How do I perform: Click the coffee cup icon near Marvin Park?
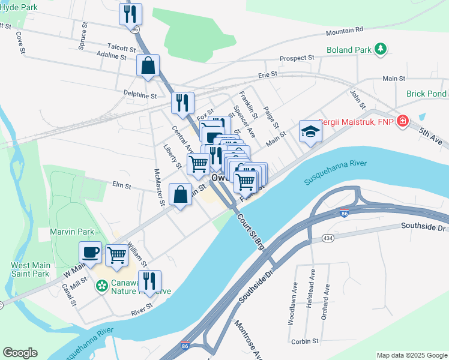tap(91, 253)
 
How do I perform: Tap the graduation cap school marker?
tap(310, 131)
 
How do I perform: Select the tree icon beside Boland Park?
tap(379, 49)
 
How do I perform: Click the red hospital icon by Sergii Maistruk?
tap(401, 121)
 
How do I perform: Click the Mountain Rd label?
tap(345, 29)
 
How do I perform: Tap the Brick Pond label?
tap(427, 94)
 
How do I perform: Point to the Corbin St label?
tap(306, 340)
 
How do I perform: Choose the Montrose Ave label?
tap(248, 339)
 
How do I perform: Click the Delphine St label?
tap(140, 95)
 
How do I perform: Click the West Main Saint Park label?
tap(29, 269)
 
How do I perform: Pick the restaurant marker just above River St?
tap(149, 281)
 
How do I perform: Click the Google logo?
tap(20, 352)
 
